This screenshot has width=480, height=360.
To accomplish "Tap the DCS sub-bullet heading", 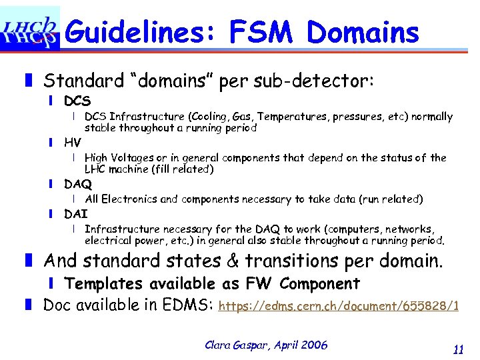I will (x=77, y=102).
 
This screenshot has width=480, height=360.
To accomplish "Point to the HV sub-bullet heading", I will (x=73, y=143).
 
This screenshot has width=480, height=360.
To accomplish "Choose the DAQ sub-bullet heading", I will (x=78, y=184).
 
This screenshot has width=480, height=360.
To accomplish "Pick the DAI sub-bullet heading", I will (x=76, y=214).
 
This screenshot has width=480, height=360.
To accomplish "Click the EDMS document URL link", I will (x=339, y=307).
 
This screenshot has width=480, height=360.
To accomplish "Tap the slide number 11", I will (x=458, y=349).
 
